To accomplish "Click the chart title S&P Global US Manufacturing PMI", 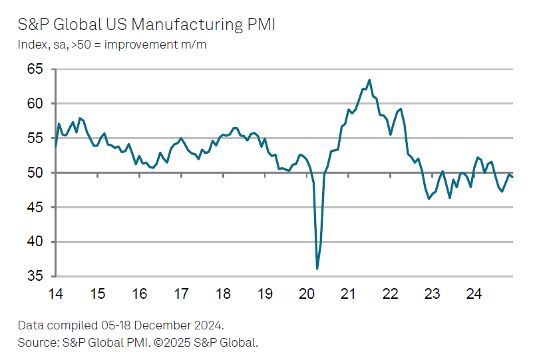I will click(147, 25).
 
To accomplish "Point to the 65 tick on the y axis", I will click(34, 69).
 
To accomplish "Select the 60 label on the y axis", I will click(34, 104).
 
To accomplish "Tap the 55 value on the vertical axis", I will click(34, 138).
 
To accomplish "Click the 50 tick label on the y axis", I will click(34, 173).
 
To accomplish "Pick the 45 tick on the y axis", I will click(34, 208).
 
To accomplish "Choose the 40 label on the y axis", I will click(34, 242).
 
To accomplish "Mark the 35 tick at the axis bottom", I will click(34, 276).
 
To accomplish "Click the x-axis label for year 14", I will click(56, 293).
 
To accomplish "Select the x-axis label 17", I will click(181, 293).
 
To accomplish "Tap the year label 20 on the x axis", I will click(306, 293).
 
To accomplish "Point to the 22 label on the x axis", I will click(390, 293).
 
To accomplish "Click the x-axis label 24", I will click(473, 293).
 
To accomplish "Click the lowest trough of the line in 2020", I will click(317, 268).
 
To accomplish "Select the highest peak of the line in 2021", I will click(369, 81).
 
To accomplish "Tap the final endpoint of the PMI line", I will click(512, 176).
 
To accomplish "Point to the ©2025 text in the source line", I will click(172, 343).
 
